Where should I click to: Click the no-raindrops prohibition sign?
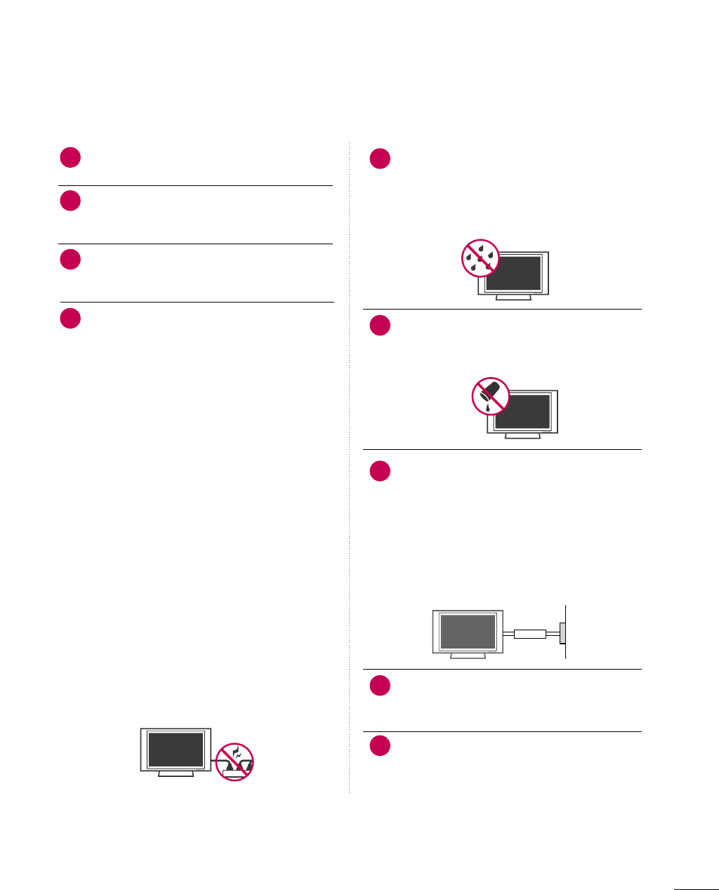click(x=480, y=258)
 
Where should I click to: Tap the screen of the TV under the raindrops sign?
click(x=514, y=272)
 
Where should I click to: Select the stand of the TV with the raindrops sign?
click(x=513, y=297)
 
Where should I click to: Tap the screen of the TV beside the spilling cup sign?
click(x=522, y=411)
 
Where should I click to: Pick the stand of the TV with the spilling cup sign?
click(x=522, y=436)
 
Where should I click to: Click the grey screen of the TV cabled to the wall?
click(x=468, y=631)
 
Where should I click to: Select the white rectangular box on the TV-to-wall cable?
click(x=530, y=634)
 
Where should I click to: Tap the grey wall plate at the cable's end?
click(x=562, y=632)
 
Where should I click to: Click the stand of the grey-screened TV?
click(x=468, y=656)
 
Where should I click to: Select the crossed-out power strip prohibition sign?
click(x=235, y=762)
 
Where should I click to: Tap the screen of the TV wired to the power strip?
click(x=176, y=749)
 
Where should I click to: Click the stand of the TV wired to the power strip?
click(x=176, y=773)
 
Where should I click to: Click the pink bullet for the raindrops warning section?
click(x=380, y=159)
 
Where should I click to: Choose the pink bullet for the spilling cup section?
click(x=380, y=325)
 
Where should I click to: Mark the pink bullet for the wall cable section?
click(x=380, y=470)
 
